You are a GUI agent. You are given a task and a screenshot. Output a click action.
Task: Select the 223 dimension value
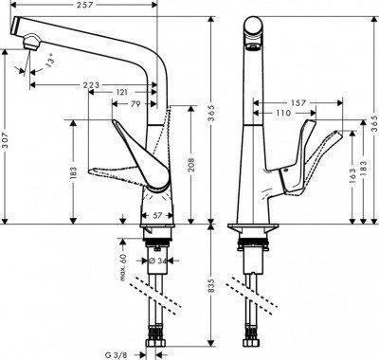coord(90,85)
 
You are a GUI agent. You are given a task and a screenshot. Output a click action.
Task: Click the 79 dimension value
coord(135,104)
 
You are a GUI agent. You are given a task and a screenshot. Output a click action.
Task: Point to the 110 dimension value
coord(281,113)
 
